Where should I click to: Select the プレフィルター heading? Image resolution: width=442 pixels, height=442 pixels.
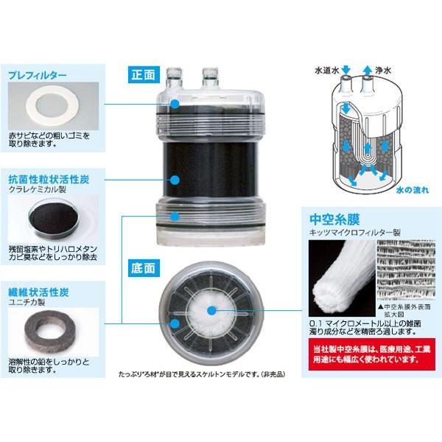pos(37,75)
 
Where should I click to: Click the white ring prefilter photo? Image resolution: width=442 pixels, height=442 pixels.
pos(52,108)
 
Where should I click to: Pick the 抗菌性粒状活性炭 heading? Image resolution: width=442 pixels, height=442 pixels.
pos(49,179)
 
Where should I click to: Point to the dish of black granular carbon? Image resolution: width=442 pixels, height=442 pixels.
pos(51,217)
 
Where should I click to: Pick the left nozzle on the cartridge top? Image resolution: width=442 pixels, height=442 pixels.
pos(175,75)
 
